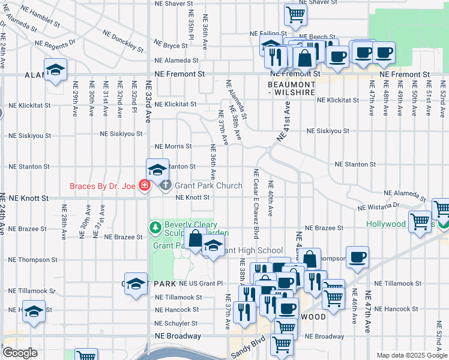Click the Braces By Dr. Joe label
coord(103,185)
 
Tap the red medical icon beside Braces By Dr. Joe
coord(144,185)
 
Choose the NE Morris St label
coord(173,146)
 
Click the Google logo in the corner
coord(20,353)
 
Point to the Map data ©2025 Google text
coord(411,355)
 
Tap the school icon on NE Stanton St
coord(157,169)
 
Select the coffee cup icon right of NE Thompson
coord(358,257)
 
